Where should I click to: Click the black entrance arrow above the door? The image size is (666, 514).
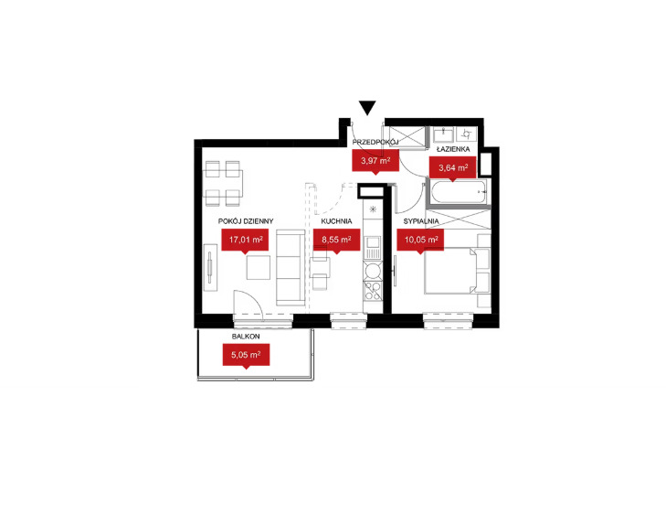click(367, 108)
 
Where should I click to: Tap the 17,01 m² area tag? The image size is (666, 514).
click(245, 241)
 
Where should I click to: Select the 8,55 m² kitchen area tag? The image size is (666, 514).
click(336, 241)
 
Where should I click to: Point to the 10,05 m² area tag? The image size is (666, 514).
click(420, 241)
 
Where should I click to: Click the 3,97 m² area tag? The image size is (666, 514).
click(375, 162)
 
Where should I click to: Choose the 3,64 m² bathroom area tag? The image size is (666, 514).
click(453, 169)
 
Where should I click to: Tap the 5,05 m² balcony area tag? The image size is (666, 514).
click(247, 356)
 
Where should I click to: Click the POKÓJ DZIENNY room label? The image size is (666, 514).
click(246, 221)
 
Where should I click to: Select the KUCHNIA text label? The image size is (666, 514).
click(336, 221)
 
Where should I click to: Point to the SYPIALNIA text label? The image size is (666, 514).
click(421, 221)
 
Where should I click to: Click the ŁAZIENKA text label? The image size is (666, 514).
click(453, 149)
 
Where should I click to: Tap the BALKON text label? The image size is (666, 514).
click(246, 337)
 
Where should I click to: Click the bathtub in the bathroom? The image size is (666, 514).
click(458, 192)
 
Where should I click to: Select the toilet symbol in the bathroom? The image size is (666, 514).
click(467, 134)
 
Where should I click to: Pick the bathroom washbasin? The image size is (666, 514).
click(444, 134)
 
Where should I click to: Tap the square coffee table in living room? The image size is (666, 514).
click(259, 268)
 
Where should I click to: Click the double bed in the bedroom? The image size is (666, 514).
click(450, 271)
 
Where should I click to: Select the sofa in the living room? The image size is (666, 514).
click(291, 267)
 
